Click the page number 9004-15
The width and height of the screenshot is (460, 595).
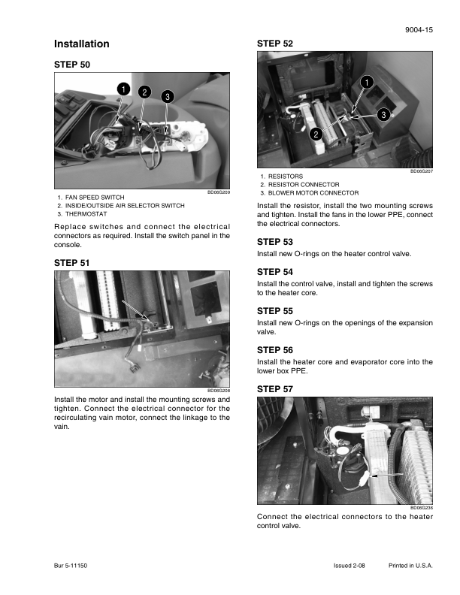[419, 29]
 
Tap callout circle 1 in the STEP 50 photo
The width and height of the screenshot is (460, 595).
[121, 89]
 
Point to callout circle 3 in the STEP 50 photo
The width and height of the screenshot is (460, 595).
[167, 95]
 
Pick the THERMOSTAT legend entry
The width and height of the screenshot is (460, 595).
[86, 213]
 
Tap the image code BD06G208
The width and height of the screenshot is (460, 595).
[218, 391]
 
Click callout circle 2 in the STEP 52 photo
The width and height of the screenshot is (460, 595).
[316, 134]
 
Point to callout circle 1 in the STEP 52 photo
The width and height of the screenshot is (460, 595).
[365, 81]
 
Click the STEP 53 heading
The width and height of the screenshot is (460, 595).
[275, 242]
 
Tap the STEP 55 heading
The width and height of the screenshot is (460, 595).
[275, 310]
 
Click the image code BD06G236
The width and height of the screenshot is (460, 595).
[422, 508]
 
